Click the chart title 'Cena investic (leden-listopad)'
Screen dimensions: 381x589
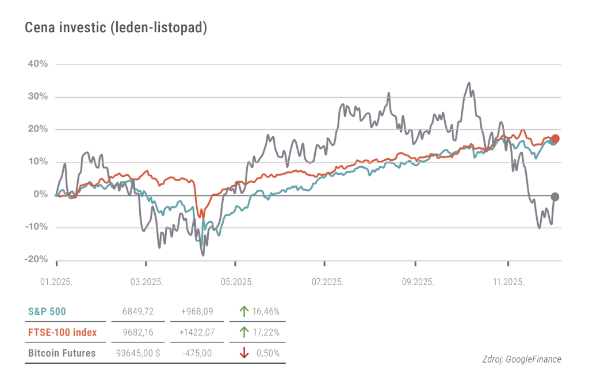pos(116,28)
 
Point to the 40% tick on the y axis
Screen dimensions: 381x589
pos(37,64)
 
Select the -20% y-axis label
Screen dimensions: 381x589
pos(36,260)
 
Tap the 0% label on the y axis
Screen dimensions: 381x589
pos(40,195)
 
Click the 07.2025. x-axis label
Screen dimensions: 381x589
pos(327,282)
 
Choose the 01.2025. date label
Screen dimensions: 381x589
pos(56,282)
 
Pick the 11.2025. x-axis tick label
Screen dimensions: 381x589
pos(508,282)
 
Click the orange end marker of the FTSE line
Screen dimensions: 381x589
pos(555,138)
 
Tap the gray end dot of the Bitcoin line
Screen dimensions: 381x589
pos(555,197)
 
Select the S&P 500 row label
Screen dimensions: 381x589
pos(47,311)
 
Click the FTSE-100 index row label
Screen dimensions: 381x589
pos(62,332)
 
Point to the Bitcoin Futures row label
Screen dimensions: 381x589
pos(62,353)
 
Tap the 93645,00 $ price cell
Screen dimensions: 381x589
pos(138,353)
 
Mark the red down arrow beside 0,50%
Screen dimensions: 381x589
pos(244,353)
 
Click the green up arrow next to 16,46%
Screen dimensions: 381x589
pos(244,311)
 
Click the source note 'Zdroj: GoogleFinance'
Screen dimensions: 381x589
pos(522,360)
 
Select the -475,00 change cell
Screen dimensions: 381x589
pos(197,353)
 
